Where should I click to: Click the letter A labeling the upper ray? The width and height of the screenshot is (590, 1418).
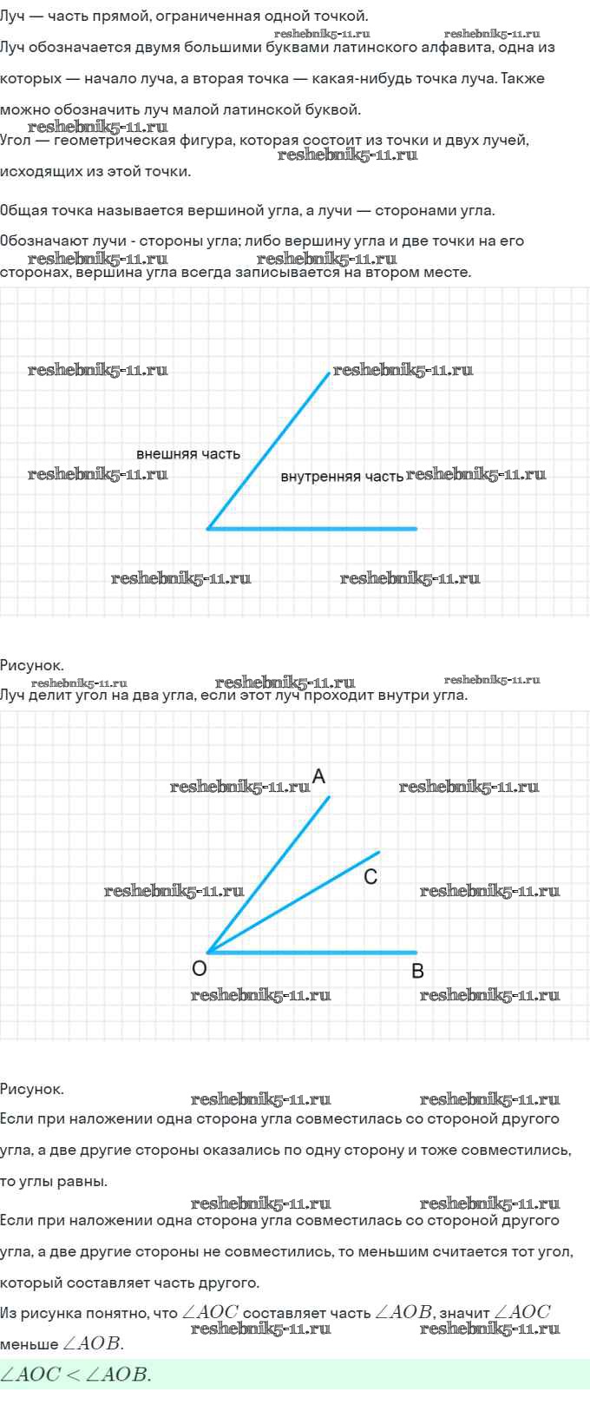click(318, 776)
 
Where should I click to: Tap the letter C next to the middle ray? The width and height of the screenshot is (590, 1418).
click(370, 877)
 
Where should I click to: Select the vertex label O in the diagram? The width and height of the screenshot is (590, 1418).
click(200, 969)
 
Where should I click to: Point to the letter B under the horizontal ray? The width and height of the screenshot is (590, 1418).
click(417, 971)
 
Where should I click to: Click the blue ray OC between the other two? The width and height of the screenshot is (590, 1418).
click(294, 902)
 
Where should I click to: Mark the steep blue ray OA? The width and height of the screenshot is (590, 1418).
click(269, 874)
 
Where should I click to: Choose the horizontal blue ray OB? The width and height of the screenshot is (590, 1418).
click(312, 952)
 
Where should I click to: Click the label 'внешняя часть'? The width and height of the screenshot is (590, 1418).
click(188, 454)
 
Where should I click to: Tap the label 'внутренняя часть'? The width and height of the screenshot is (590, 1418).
click(342, 477)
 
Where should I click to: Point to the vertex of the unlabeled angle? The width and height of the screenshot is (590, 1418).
click(208, 528)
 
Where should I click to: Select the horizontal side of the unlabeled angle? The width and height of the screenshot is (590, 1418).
click(312, 528)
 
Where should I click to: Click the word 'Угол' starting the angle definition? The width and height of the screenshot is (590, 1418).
click(15, 141)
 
